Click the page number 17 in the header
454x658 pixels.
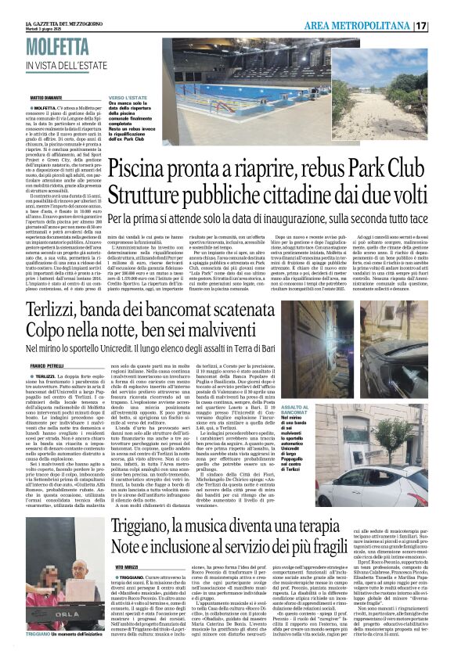click(x=441, y=26)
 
